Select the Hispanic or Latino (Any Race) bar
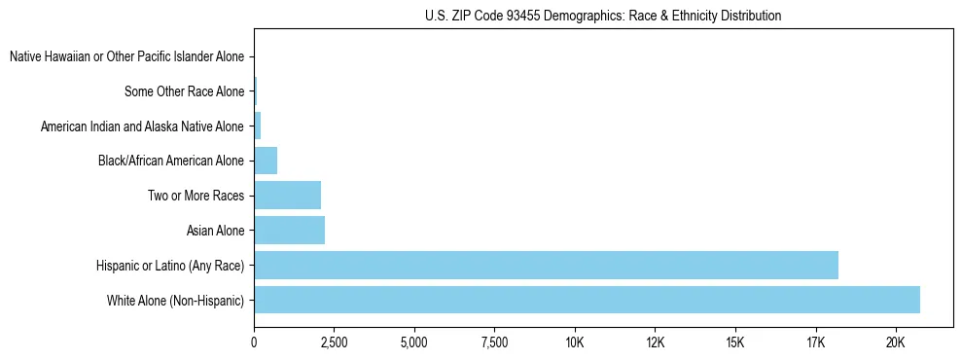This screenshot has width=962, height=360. [x=546, y=266]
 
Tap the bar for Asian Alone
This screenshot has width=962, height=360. [x=289, y=231]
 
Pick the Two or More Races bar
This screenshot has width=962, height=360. [x=287, y=196]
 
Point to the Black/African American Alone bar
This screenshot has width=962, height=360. [x=266, y=161]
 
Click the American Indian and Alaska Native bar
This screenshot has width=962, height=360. [x=258, y=126]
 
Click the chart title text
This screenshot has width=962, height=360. [x=603, y=17]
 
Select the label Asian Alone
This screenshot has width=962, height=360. [x=215, y=231]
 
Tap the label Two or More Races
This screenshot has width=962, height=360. [x=196, y=196]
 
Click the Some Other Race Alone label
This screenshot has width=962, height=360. [x=184, y=92]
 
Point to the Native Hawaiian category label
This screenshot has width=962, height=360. [x=126, y=57]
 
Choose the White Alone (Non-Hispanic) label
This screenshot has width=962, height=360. [x=175, y=301]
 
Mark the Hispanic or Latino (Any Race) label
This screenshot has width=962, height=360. [x=169, y=266]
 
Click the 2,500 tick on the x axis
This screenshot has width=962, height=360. [x=334, y=342]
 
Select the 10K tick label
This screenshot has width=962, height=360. [x=574, y=342]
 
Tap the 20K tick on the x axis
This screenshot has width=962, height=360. [x=895, y=342]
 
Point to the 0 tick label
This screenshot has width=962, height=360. [x=254, y=342]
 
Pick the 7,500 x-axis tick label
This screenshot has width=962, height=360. [x=494, y=342]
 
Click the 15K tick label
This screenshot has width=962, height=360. [x=734, y=342]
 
